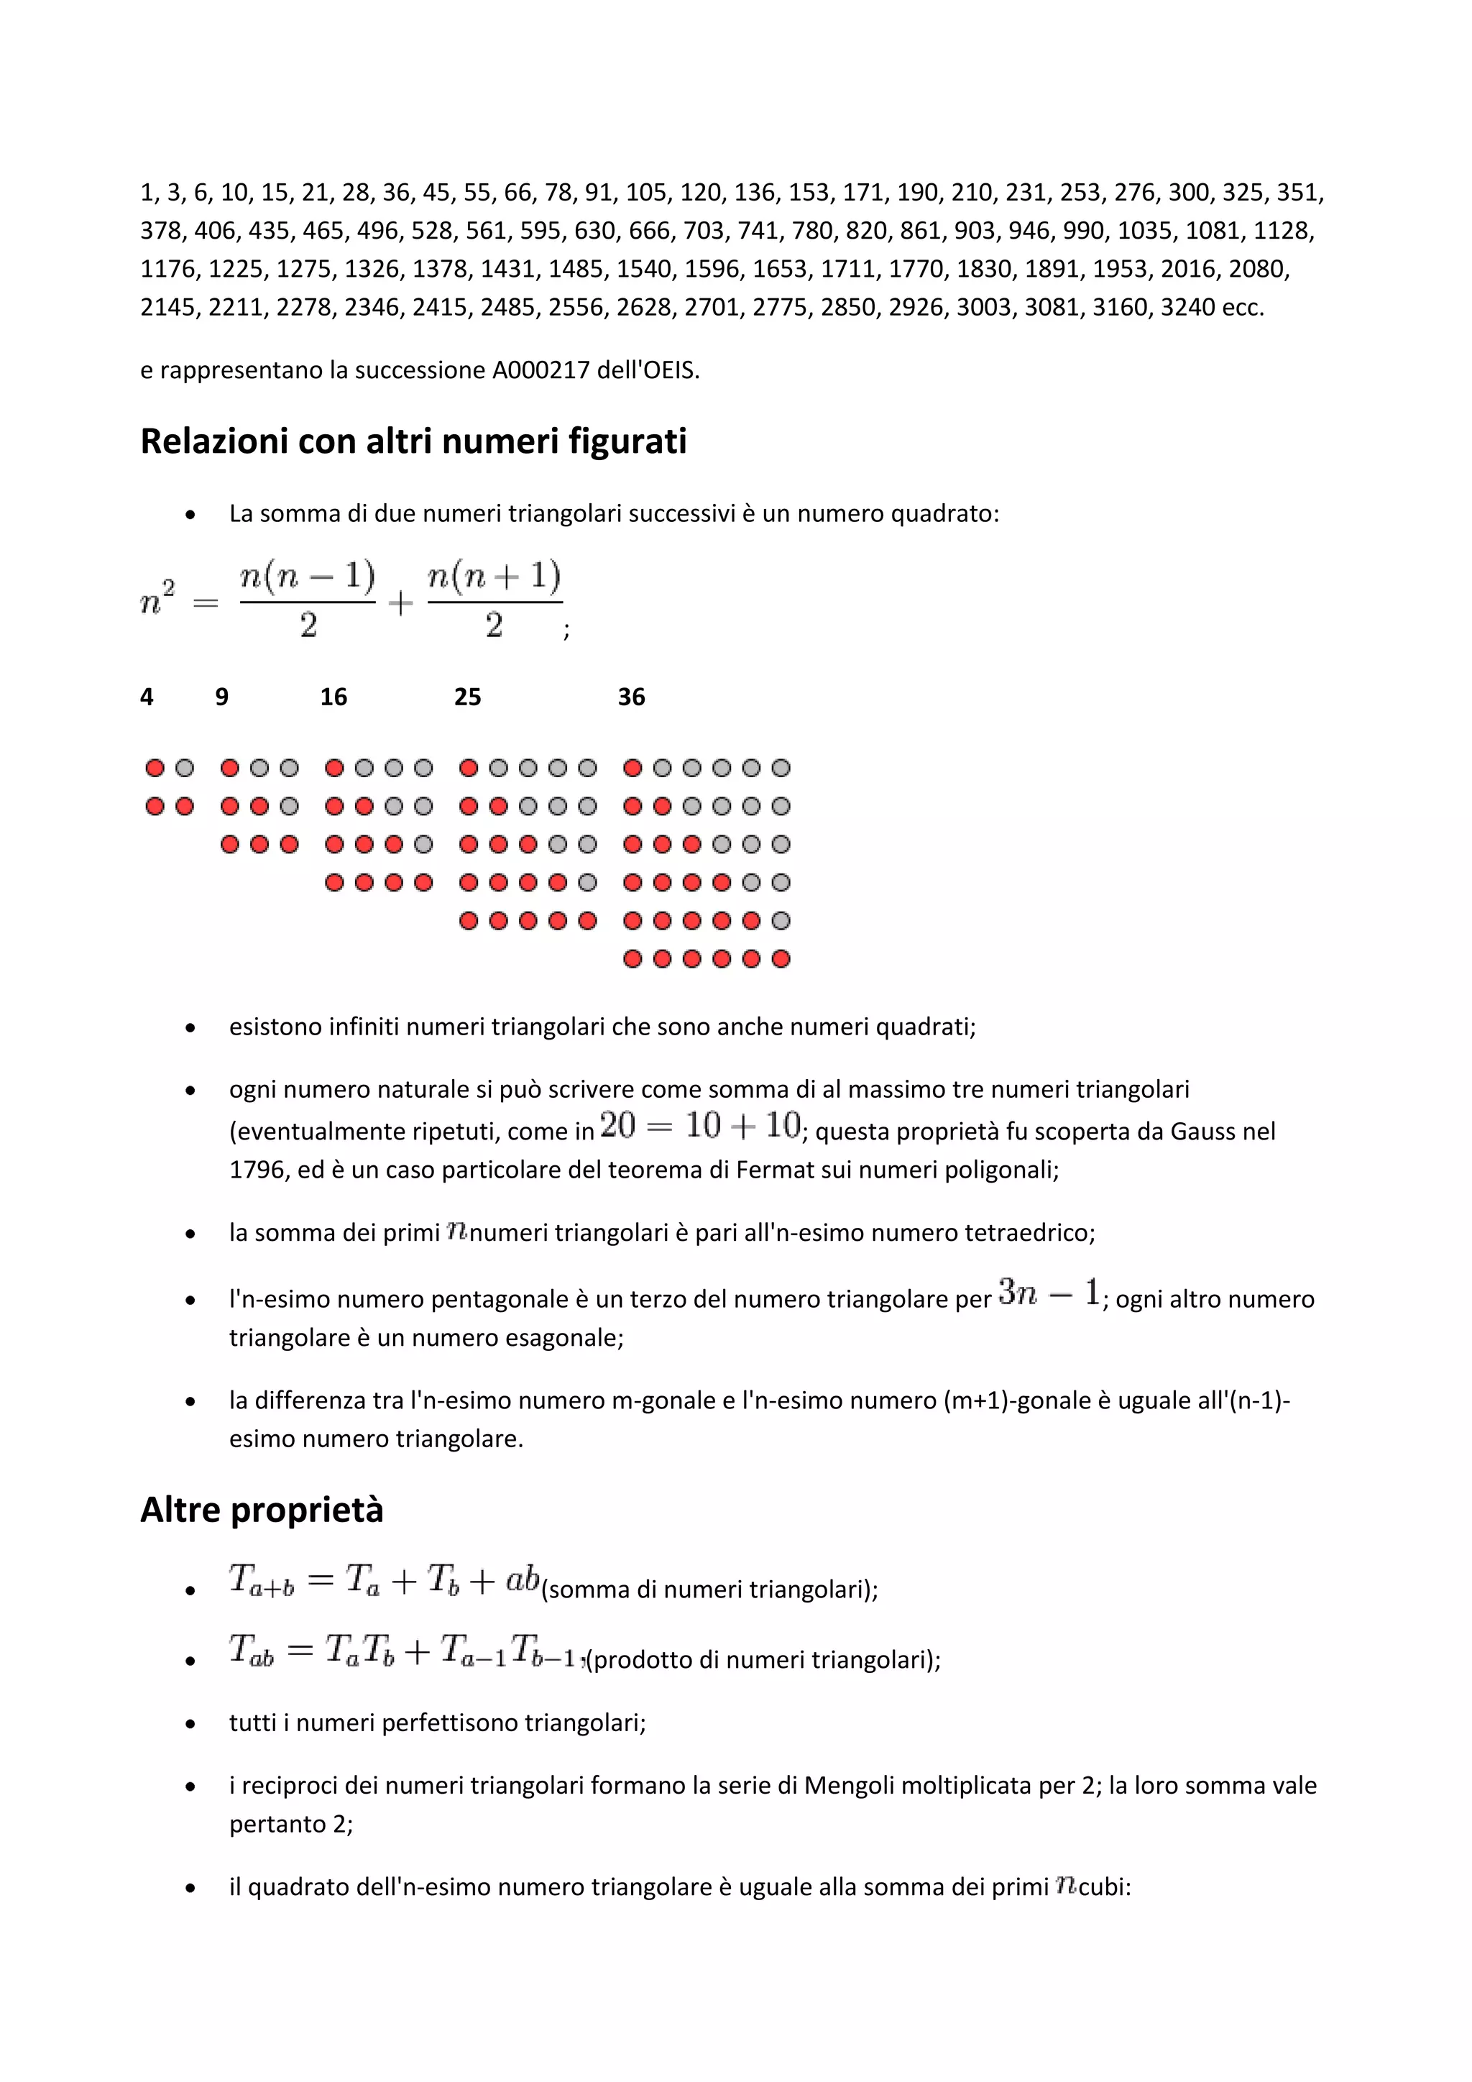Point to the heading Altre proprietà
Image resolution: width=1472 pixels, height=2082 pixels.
click(262, 1510)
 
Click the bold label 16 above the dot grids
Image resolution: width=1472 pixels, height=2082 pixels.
click(333, 697)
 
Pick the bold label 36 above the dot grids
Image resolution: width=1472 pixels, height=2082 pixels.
click(631, 697)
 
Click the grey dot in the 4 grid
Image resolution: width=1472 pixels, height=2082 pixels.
click(185, 768)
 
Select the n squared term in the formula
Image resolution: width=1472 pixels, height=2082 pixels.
click(157, 600)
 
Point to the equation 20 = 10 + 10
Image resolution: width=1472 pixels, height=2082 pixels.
click(700, 1127)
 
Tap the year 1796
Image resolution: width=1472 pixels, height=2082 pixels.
click(257, 1170)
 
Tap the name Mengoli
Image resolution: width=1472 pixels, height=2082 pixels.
click(850, 1786)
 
